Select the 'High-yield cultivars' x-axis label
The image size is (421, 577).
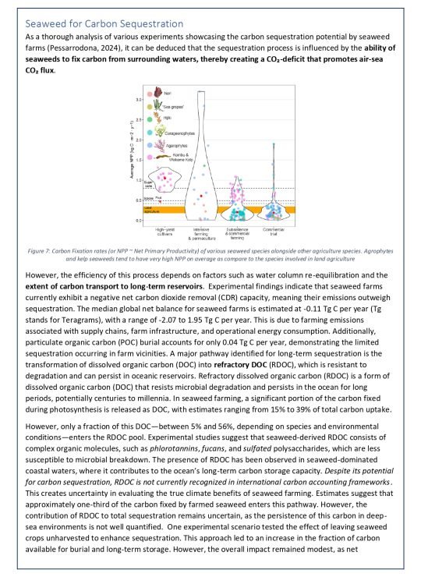pyautogui.click(x=164, y=232)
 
